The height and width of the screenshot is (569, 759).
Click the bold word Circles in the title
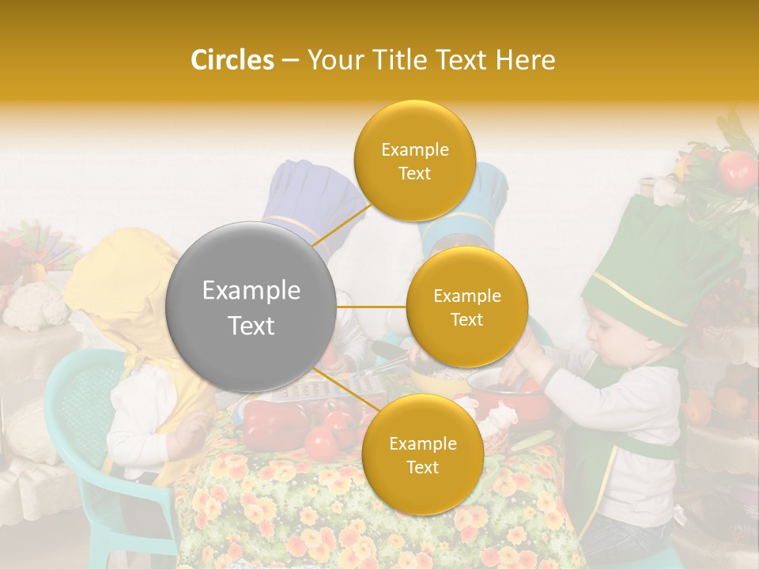232,60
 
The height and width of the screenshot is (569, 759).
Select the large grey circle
251,307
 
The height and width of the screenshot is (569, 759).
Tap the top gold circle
414,161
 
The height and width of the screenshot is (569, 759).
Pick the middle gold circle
466,307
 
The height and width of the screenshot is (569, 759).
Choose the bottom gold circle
422,454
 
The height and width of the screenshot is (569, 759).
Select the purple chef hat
304,198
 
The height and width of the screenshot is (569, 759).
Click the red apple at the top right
737,168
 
